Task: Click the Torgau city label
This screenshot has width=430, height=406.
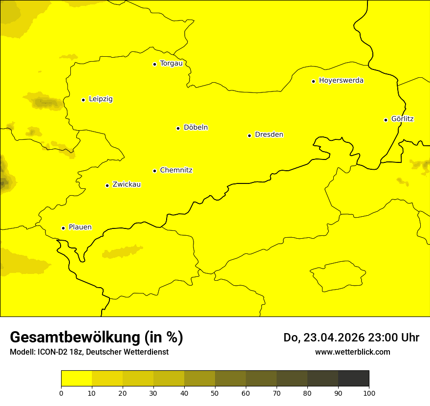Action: pos(171,64)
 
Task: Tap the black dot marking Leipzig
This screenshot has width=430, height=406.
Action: pos(83,100)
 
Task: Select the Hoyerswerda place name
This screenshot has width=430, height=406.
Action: pos(341,81)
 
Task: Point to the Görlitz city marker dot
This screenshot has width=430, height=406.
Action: pos(386,120)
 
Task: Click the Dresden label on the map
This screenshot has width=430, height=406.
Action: pos(269,135)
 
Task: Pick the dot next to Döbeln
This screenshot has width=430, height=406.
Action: pos(178,128)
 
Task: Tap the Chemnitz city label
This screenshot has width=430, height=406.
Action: pos(176,171)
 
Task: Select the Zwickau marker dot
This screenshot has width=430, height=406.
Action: pos(107,185)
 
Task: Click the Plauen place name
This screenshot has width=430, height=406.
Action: pos(80,227)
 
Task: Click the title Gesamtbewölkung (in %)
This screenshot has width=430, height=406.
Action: pos(96,338)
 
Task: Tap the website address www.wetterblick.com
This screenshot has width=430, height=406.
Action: pos(352,352)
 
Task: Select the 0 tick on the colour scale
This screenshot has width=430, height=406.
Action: pos(61,393)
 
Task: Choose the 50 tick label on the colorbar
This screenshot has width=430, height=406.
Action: pos(215,393)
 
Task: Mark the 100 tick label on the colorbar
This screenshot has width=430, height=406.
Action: pos(369,393)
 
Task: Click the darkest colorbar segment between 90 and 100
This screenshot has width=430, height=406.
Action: pos(353,378)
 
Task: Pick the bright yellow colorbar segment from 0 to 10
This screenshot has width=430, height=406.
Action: pos(76,378)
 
